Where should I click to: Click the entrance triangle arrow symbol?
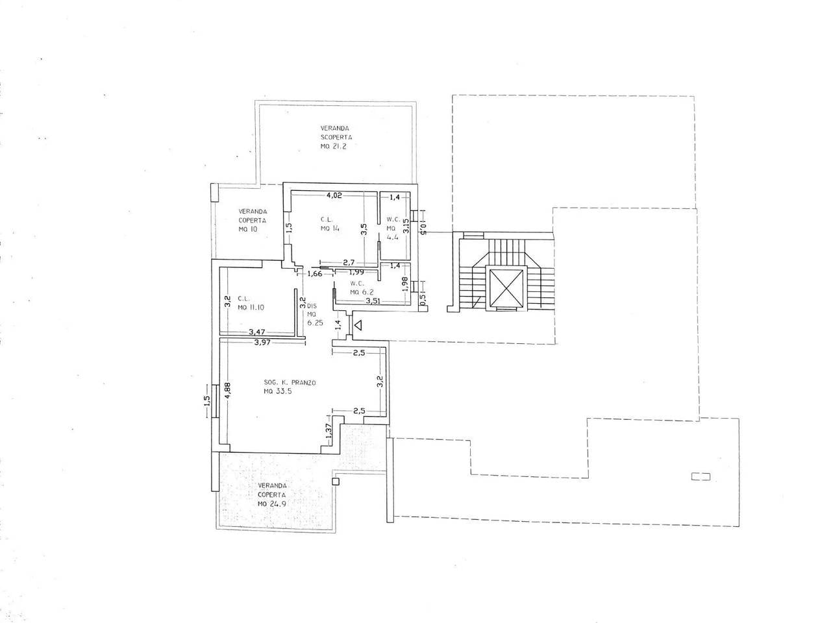(358, 324)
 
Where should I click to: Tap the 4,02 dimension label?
(334, 195)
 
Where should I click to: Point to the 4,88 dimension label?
(227, 391)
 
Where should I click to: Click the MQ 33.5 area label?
(278, 391)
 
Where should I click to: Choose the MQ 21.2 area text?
(334, 147)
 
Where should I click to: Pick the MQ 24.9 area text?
(272, 504)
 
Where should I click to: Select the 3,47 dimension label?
(256, 332)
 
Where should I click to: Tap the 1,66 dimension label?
(315, 273)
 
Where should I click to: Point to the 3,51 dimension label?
(373, 301)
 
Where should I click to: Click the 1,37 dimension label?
(329, 431)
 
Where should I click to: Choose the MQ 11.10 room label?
(251, 308)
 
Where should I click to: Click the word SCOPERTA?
(336, 138)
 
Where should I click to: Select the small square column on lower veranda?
(335, 481)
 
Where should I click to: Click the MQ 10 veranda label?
(248, 229)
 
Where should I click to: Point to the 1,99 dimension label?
(356, 272)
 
